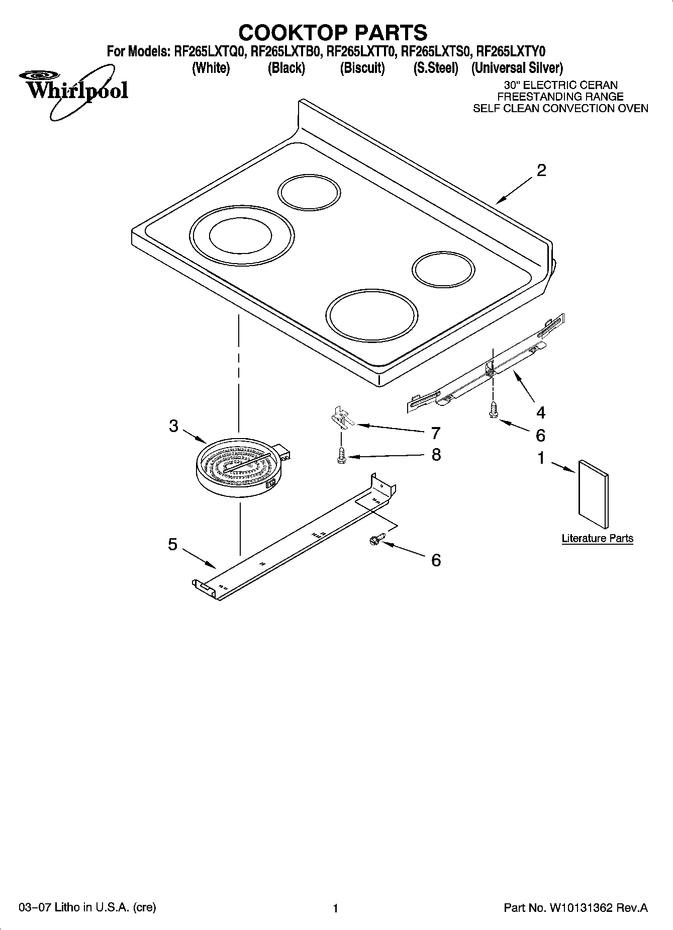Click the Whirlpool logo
coord(73,91)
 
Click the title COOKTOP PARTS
coord(333,33)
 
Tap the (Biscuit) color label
coord(362,68)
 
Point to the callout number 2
coord(541,171)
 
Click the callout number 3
coord(173,427)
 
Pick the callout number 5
coord(173,544)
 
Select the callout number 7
coord(436,433)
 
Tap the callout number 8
coord(436,455)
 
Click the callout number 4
coord(540,413)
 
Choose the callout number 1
coord(541,458)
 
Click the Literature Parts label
coord(597,538)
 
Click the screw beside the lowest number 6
coord(375,539)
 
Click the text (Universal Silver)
coord(517,68)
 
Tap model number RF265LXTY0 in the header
coord(511,51)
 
